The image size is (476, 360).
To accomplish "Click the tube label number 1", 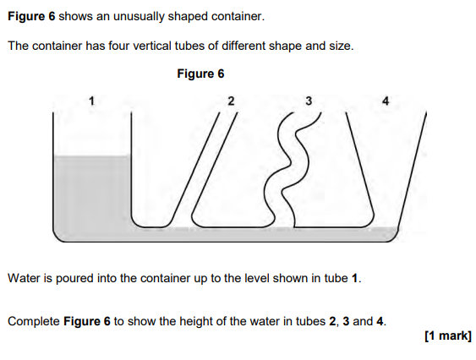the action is pos(91,101).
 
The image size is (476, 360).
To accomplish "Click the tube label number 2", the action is pos(231,101).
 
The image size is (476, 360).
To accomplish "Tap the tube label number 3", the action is pos(309,101).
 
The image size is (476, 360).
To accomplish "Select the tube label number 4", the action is pos(386,101).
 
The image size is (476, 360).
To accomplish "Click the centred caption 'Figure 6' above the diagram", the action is pos(200,74).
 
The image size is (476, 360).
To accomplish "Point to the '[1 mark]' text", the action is pos(448,335).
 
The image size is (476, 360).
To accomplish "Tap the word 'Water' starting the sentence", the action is pos(24,278).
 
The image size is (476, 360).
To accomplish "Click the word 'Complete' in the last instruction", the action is pos(34,321).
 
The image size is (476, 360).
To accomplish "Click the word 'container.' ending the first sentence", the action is pos(238,16).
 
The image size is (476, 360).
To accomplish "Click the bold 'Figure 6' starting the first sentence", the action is pos(31,16).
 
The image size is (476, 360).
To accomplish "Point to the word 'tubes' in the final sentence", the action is pos(312,321).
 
